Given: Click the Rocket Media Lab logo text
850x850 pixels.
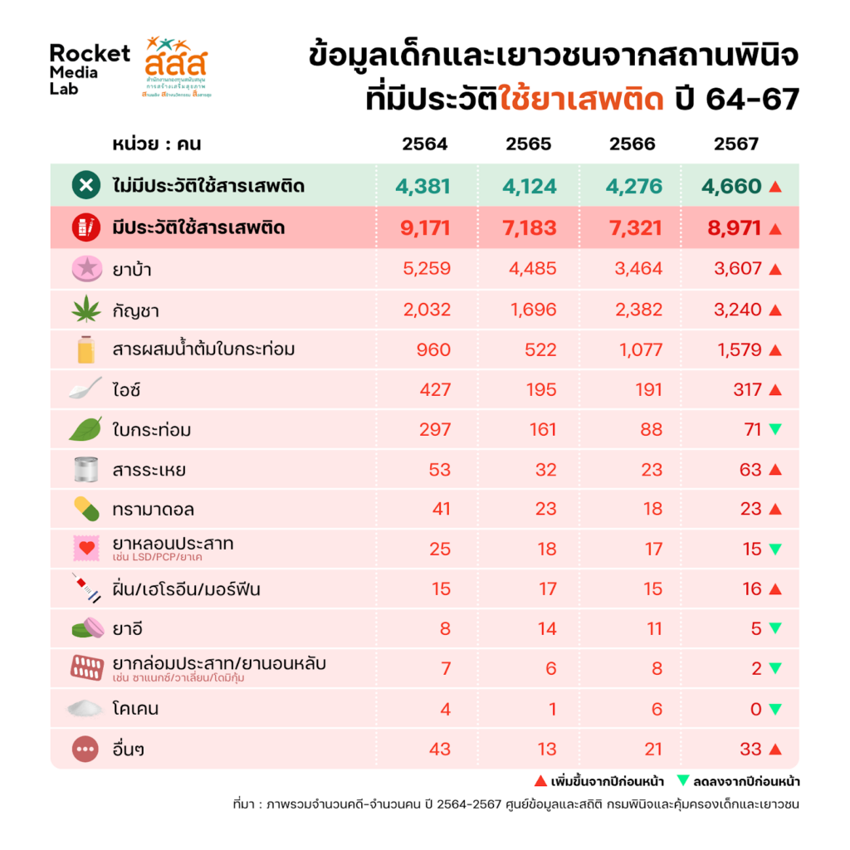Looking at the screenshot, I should (90, 70).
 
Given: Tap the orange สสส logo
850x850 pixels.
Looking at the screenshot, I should (175, 66).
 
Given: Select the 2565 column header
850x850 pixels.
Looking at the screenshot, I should (528, 144).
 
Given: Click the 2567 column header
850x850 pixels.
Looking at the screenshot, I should (735, 144).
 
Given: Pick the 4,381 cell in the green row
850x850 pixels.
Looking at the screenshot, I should (423, 186).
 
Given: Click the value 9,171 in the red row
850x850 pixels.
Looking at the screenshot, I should (423, 227).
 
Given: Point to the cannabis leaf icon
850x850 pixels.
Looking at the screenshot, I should (85, 310).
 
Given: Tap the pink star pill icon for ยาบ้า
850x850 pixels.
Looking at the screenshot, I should (85, 269).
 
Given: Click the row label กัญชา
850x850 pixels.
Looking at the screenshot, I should (135, 310).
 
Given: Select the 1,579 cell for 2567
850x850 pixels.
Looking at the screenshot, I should (738, 349).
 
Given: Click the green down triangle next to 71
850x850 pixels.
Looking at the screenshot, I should (775, 430).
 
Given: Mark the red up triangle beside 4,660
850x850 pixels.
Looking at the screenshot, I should (775, 187).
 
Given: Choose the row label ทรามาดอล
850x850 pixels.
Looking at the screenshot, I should (153, 510).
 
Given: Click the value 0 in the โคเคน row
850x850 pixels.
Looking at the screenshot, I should (755, 709).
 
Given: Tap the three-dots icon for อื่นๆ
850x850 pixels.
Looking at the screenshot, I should (85, 750).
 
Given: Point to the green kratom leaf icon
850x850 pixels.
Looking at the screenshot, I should (85, 429).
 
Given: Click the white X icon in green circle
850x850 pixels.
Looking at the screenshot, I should (85, 186).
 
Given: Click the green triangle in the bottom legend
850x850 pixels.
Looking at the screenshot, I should (684, 781).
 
